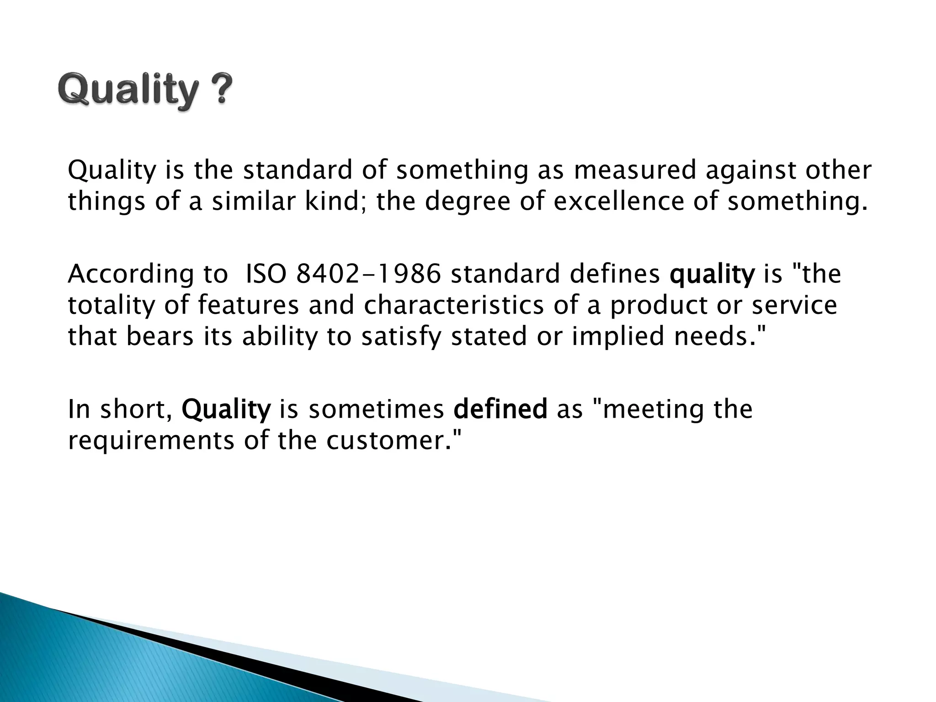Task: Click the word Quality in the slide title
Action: click(128, 91)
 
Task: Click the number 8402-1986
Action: click(368, 274)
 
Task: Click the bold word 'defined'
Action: click(500, 409)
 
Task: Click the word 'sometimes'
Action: click(376, 409)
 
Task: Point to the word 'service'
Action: click(794, 305)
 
